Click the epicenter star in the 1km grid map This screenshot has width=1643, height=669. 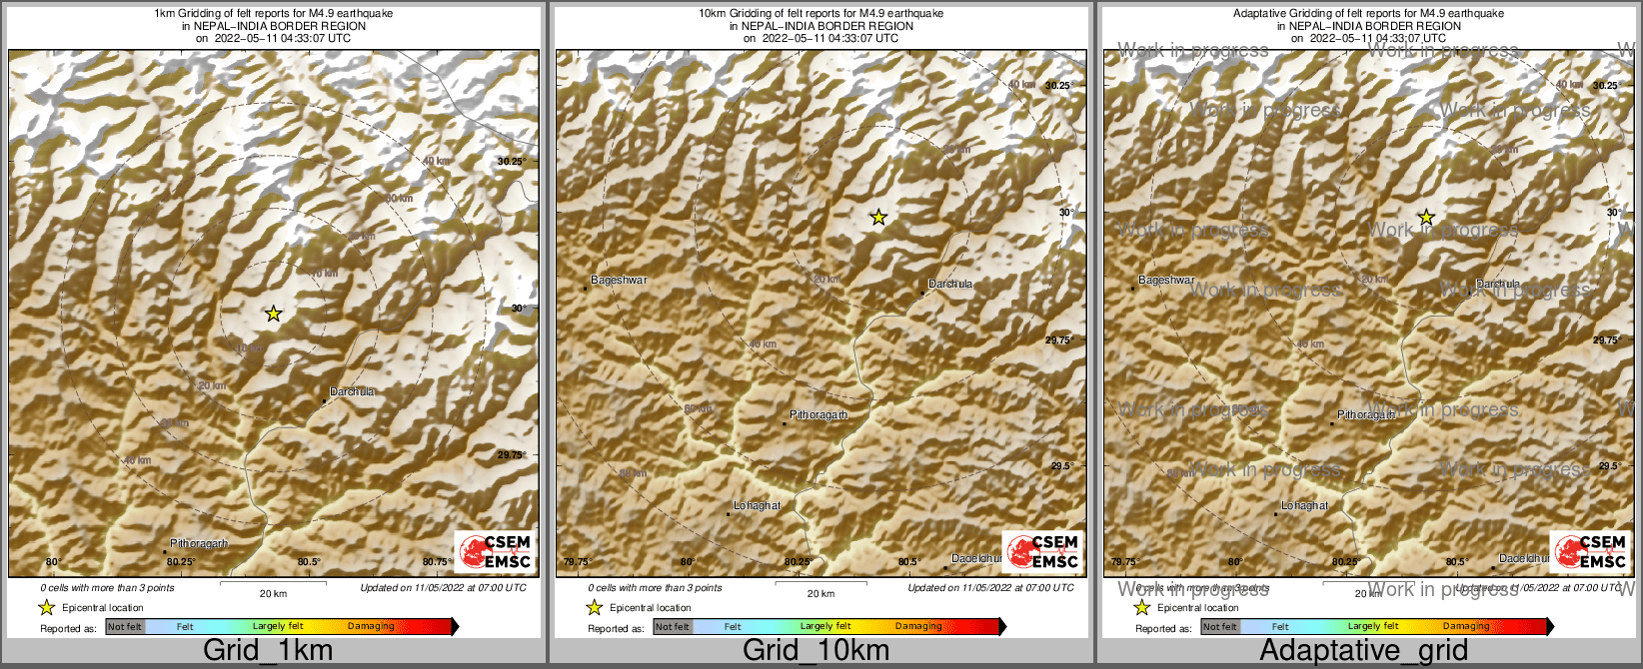tap(274, 314)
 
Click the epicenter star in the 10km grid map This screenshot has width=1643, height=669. tap(878, 217)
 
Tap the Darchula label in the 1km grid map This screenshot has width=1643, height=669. tap(352, 391)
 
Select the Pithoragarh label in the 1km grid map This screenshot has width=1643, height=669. tap(199, 544)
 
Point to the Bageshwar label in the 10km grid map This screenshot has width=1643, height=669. tap(620, 281)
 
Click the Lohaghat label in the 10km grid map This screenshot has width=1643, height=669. tap(758, 506)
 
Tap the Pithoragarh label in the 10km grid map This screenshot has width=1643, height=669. tap(819, 414)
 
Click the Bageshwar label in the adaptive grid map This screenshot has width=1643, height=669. tap(1166, 281)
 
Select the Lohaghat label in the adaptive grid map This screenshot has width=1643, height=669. tap(1305, 506)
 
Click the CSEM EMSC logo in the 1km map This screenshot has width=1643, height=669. tap(494, 552)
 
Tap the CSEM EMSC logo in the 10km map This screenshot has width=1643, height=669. tap(1041, 552)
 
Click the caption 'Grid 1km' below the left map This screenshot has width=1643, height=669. tap(268, 650)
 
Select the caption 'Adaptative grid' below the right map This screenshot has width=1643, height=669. tap(1363, 650)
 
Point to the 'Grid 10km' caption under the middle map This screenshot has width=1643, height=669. tap(816, 650)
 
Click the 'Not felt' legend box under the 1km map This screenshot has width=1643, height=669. tap(125, 627)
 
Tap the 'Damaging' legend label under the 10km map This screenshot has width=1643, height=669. tap(918, 627)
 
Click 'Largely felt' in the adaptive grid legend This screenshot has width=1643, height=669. tap(1373, 627)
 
